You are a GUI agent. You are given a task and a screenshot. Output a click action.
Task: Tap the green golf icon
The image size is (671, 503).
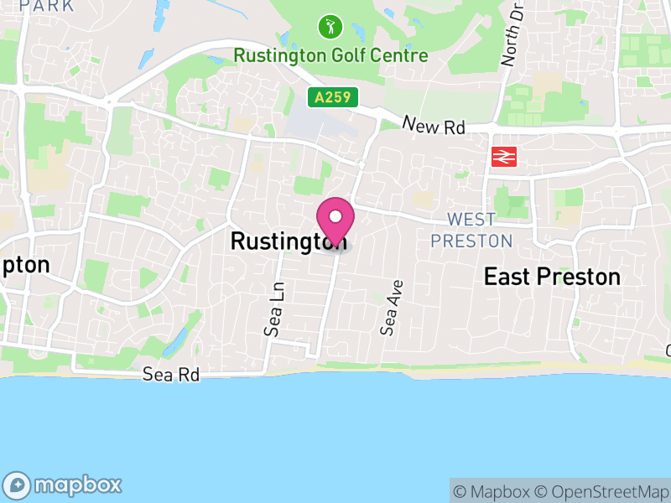(x=330, y=27)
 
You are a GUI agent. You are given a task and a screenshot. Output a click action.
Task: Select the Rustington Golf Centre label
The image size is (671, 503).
(x=330, y=56)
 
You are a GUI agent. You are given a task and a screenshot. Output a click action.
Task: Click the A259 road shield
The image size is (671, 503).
(x=332, y=98)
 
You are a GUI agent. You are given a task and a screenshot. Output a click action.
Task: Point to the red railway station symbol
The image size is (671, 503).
(x=504, y=156)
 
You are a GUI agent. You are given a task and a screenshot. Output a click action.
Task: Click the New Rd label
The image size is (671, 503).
(x=434, y=126)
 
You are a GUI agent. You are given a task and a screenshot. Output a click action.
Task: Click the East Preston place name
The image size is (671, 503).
(x=552, y=277)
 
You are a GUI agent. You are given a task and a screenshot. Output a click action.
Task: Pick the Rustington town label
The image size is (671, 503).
(x=280, y=241)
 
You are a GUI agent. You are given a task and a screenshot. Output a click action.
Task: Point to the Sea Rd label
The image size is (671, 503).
(x=171, y=375)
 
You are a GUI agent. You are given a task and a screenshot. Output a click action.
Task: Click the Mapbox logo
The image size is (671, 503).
(x=64, y=485)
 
